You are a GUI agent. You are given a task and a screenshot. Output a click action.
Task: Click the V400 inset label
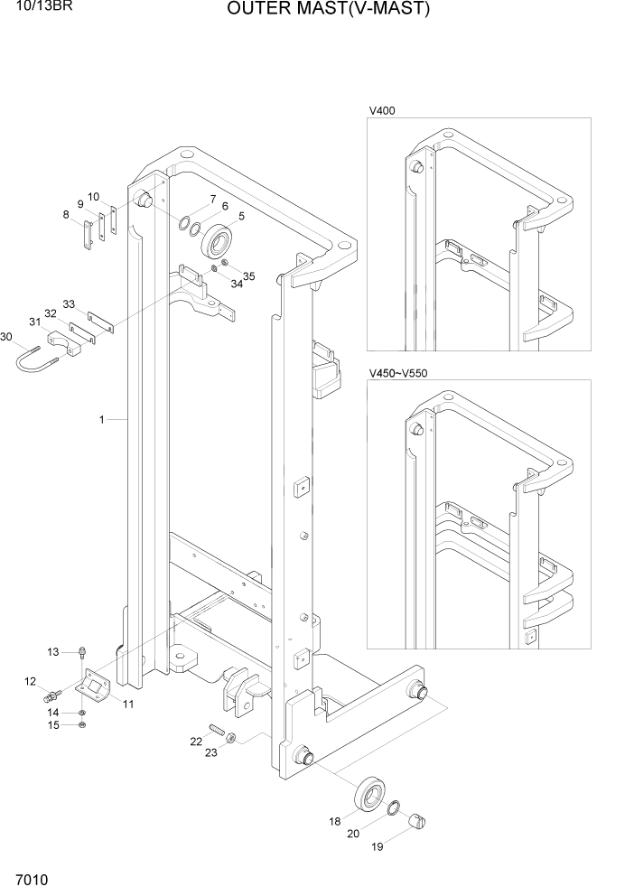tap(382, 111)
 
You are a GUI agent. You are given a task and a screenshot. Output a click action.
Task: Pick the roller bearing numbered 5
tap(219, 241)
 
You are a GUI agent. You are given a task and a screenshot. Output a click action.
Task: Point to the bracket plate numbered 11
tap(94, 689)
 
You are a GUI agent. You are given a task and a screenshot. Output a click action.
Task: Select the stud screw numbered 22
tap(219, 731)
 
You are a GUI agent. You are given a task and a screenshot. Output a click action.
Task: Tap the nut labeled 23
tap(232, 738)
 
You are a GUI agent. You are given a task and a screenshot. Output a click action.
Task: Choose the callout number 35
tap(249, 276)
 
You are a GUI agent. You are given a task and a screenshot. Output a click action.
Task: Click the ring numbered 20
tap(394, 807)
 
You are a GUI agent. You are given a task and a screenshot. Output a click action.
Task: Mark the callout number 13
tap(52, 651)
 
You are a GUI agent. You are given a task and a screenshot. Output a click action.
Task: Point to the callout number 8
tap(66, 214)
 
